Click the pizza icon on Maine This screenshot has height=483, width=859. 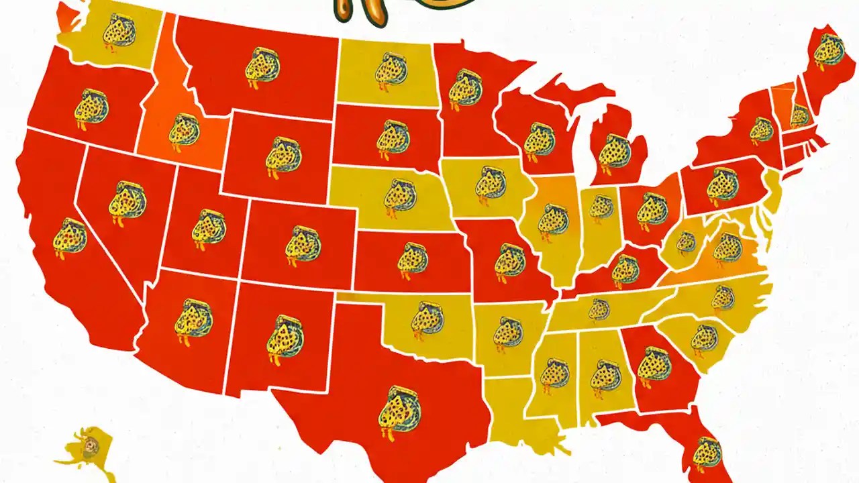click(x=829, y=50)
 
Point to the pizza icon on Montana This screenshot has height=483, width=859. click(x=260, y=66)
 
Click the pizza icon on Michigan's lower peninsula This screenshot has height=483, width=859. click(x=614, y=150)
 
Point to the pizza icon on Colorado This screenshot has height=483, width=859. click(x=303, y=244)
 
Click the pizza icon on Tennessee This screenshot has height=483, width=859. click(x=599, y=309)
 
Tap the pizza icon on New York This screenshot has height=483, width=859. click(x=761, y=129)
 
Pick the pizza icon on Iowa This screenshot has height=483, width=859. click(x=490, y=182)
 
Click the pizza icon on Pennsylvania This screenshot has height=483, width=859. click(x=722, y=187)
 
